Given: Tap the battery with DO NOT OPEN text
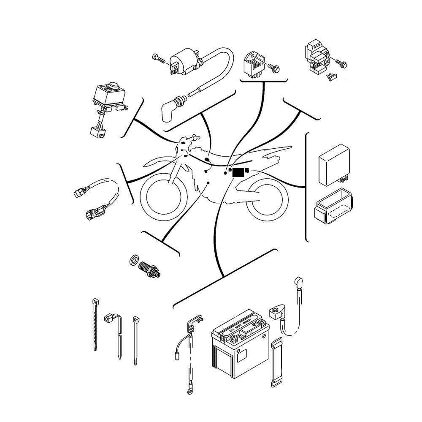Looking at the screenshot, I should tap(241, 346).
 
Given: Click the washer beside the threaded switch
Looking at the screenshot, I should tap(134, 261).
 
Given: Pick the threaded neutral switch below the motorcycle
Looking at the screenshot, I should tap(150, 269).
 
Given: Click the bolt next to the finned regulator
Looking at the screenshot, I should tap(273, 67).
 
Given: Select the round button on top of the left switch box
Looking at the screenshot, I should tap(113, 88).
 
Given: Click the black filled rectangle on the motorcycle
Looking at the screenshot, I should tap(238, 172).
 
